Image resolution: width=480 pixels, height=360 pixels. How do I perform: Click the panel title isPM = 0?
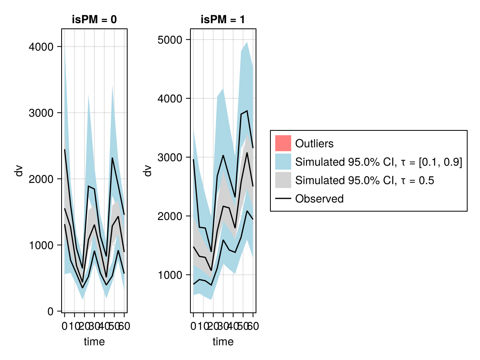[x=94, y=20]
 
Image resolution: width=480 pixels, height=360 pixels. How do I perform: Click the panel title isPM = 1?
[x=223, y=20]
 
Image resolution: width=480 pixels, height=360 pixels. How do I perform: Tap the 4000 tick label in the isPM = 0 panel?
[x=41, y=47]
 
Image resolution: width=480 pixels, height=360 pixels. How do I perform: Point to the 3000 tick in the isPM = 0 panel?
[x=41, y=113]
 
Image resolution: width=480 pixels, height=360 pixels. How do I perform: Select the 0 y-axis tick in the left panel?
[x=50, y=311]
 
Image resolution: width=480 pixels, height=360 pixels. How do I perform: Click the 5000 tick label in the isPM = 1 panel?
[x=170, y=40]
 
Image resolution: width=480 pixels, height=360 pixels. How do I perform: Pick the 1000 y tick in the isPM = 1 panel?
[x=170, y=275]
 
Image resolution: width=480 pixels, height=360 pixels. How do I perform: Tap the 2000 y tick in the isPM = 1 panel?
[x=170, y=216]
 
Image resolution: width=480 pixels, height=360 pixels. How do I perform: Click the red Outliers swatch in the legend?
[x=283, y=143]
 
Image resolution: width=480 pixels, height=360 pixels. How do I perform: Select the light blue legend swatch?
[x=283, y=162]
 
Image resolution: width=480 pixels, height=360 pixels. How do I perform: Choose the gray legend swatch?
[x=283, y=180]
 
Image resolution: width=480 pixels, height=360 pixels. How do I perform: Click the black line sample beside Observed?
[x=283, y=198]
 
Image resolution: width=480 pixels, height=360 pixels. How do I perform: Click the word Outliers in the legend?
[x=314, y=143]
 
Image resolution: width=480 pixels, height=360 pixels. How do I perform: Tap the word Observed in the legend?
[x=319, y=198]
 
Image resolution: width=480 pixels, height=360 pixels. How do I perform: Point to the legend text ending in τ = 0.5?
[x=364, y=180]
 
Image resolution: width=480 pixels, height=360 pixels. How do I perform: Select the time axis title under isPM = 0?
[x=94, y=342]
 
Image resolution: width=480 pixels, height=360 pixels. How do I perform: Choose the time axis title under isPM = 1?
[x=223, y=342]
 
